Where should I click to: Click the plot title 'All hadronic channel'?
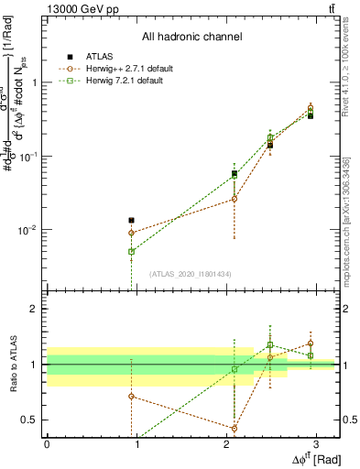[191, 37]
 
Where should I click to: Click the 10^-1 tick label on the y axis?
[27, 157]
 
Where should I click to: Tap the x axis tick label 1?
[136, 444]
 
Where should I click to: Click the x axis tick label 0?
[47, 444]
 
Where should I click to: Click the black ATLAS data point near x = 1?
[132, 221]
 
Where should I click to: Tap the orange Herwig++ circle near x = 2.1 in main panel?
[235, 199]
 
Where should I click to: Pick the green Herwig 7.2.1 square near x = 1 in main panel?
[132, 251]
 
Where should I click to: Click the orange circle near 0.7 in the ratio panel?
[132, 397]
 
